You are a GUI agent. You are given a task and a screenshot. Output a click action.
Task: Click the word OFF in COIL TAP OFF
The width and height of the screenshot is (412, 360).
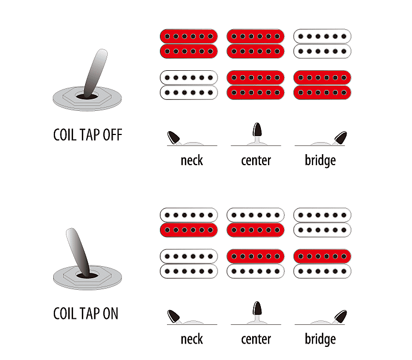(x=113, y=135)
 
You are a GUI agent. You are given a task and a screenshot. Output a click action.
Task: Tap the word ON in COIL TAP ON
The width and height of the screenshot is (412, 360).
(x=110, y=313)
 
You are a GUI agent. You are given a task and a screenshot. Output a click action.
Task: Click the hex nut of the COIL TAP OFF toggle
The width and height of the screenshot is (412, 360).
(x=87, y=97)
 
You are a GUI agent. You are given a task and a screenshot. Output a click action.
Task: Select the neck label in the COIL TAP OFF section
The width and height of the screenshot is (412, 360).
(x=192, y=160)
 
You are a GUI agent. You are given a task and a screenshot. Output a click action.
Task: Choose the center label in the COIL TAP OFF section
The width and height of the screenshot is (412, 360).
(x=256, y=160)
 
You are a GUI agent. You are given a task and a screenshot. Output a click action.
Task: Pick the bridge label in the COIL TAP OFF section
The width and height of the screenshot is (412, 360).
(x=320, y=160)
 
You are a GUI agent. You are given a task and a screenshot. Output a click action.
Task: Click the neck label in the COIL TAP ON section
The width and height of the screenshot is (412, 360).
(x=192, y=339)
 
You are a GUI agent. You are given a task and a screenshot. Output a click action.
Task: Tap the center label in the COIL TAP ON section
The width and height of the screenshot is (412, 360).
(x=256, y=339)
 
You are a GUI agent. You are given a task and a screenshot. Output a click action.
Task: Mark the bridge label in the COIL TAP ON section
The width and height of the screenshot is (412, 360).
(x=320, y=339)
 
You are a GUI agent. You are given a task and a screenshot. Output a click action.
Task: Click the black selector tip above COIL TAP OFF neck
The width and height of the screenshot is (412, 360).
(x=174, y=137)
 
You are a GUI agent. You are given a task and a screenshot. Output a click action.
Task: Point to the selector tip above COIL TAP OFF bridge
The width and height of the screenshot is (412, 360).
(x=341, y=137)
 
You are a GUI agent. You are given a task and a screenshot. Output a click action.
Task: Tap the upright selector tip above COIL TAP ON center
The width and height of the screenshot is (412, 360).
(x=257, y=308)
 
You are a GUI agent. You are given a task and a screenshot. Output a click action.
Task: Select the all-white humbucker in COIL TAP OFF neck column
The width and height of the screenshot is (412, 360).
(x=189, y=85)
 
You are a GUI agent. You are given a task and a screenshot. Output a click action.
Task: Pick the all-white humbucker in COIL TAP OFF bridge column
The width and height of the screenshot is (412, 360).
(x=322, y=43)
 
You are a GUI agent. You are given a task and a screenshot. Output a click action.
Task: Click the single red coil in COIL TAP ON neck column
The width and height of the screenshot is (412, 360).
(x=189, y=230)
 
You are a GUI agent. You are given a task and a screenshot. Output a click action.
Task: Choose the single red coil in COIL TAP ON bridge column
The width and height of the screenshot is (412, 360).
(x=322, y=256)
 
